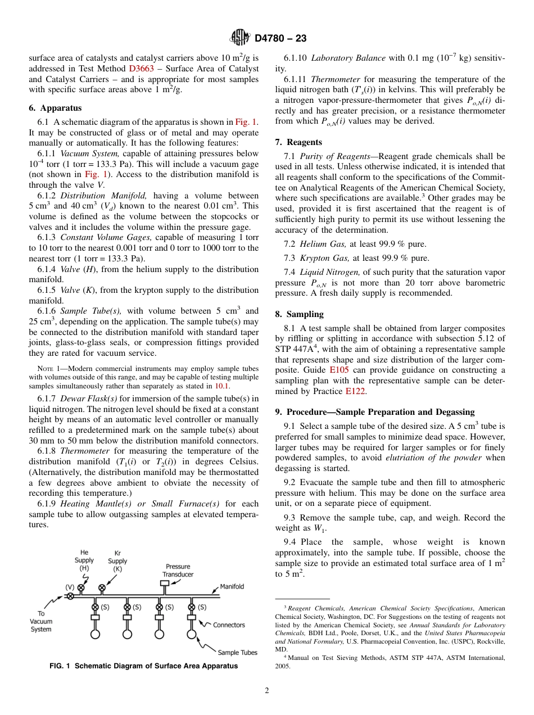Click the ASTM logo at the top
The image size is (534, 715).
point(241,38)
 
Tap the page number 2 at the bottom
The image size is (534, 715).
point(267,691)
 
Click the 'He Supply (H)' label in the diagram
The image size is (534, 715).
point(84,560)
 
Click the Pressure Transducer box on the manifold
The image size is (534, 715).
point(164,583)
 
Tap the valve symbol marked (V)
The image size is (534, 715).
point(70,596)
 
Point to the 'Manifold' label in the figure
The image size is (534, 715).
point(232,587)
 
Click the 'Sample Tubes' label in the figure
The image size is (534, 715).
point(237,653)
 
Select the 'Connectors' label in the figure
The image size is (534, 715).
point(229,625)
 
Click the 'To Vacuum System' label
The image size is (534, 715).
point(41,622)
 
